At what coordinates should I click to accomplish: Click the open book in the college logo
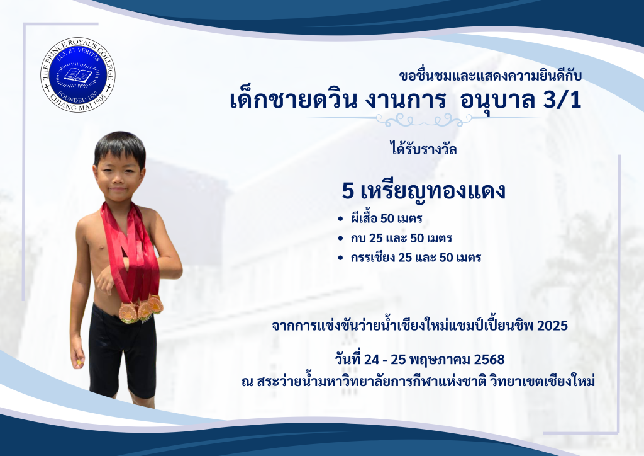78,75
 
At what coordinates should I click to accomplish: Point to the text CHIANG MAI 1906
78,102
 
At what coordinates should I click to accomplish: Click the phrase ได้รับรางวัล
423,148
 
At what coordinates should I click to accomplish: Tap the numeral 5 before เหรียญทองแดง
347,191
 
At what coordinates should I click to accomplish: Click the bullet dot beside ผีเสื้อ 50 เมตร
340,219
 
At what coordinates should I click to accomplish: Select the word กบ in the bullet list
358,239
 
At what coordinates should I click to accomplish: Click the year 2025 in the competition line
552,326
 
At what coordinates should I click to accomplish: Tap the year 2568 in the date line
489,360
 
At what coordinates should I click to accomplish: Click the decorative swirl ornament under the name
423,120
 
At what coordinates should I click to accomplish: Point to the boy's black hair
119,148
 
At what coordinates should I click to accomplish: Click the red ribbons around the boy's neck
131,251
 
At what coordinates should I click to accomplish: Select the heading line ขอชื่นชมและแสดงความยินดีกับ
491,76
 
